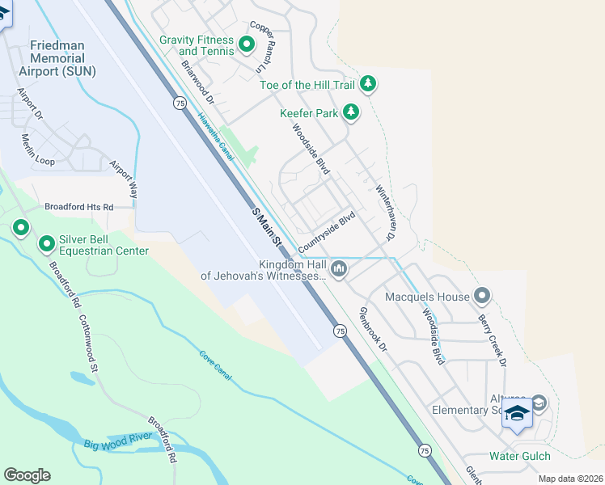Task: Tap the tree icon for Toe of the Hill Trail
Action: (368, 82)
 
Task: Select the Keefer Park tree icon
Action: (350, 112)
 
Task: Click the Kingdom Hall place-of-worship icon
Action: (339, 268)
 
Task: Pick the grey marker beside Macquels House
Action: (482, 296)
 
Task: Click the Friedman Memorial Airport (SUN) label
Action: (61, 58)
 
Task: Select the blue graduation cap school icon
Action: (517, 413)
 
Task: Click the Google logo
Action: (27, 475)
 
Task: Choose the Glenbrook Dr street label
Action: (373, 328)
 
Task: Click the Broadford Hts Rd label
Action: (78, 207)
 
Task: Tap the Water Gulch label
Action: (519, 456)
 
